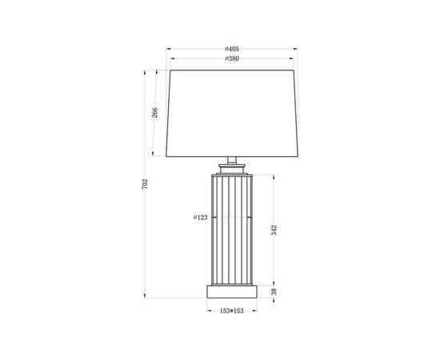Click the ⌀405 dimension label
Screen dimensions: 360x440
click(x=233, y=49)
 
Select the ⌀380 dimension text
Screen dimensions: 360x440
click(x=233, y=59)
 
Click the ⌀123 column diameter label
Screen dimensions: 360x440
click(x=202, y=217)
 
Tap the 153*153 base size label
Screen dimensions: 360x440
click(x=233, y=310)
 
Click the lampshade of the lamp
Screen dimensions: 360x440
click(x=232, y=112)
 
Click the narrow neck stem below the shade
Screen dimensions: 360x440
click(x=233, y=161)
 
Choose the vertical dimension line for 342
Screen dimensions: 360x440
click(x=278, y=200)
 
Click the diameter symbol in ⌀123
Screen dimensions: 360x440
click(x=195, y=217)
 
